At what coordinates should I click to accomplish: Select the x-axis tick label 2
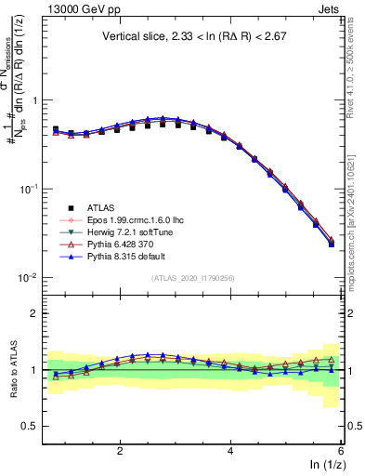click(120, 450)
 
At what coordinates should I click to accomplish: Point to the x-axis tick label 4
click(230, 450)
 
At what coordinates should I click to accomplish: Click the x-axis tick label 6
click(341, 450)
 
